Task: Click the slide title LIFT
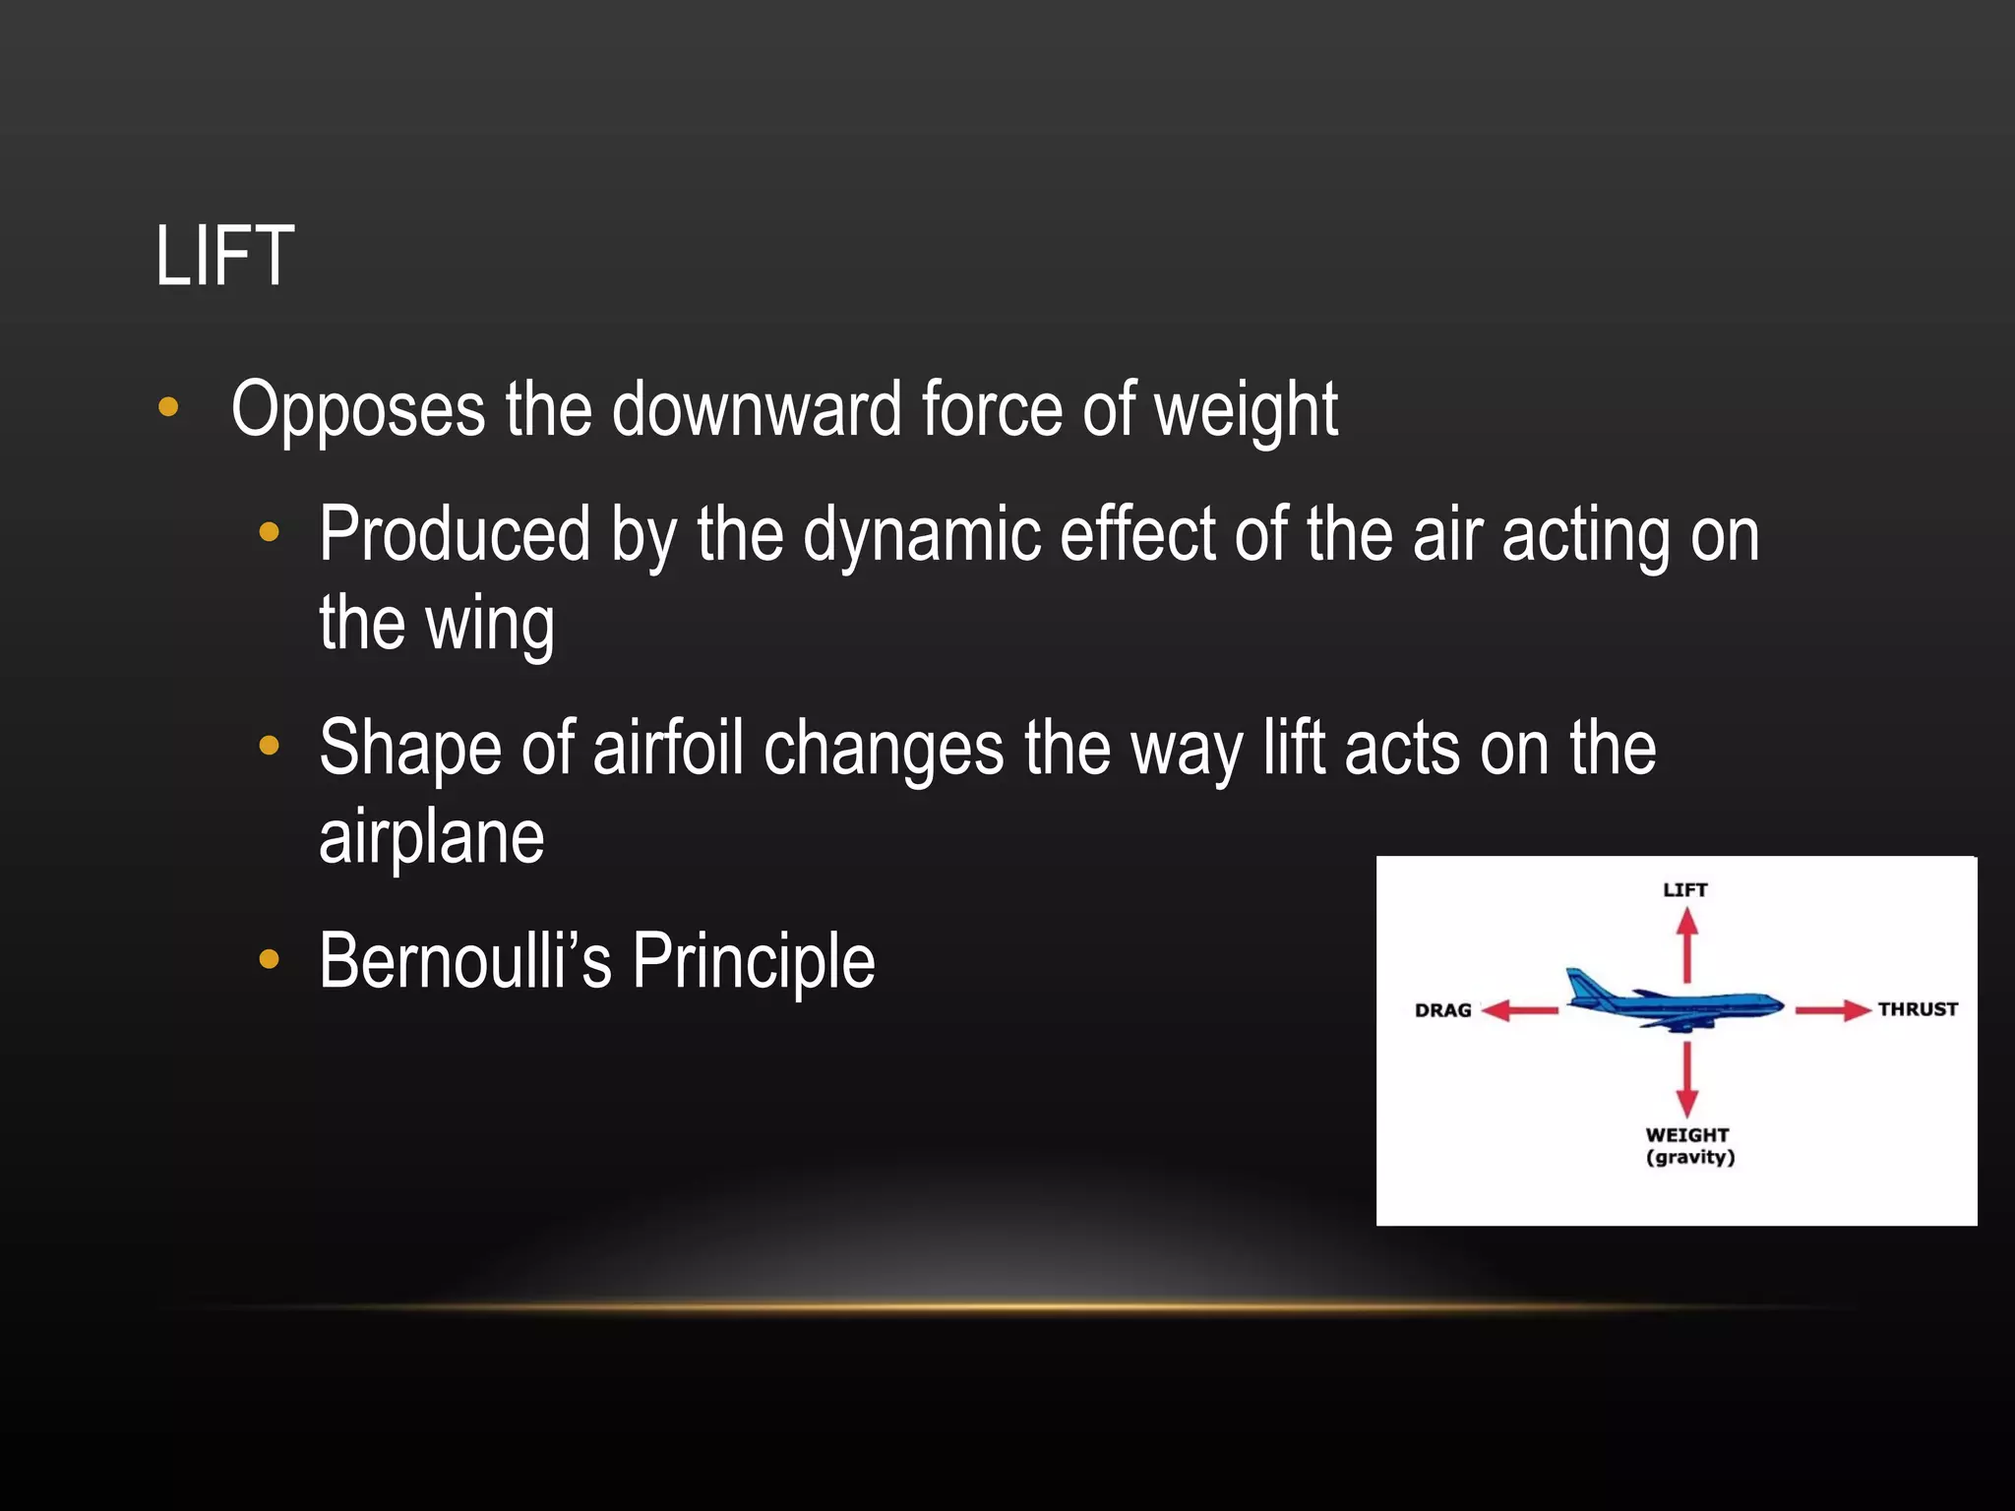(224, 257)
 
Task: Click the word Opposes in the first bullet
(358, 409)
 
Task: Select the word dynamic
(921, 535)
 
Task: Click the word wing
(490, 625)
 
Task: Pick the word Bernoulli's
(464, 961)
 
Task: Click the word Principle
(753, 961)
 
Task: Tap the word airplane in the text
(431, 838)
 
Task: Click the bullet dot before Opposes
(168, 407)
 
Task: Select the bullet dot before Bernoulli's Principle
(269, 959)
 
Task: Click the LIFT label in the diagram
(1684, 890)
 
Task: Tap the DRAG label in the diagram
(1442, 1010)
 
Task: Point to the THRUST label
(1917, 1009)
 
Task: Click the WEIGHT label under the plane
(1686, 1135)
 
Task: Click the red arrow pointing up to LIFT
(1687, 944)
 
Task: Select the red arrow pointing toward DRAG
(1519, 1010)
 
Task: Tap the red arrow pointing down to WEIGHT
(1687, 1079)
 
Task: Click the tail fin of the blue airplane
(1580, 985)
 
